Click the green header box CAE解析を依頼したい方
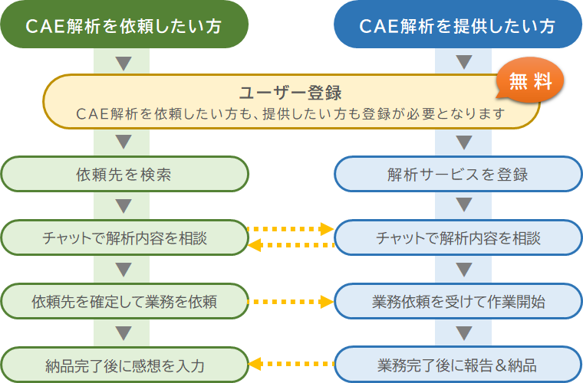click(x=124, y=26)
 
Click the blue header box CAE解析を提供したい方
click(x=458, y=26)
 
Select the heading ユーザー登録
click(x=290, y=93)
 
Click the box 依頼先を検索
click(x=124, y=174)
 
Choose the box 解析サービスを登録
click(x=458, y=174)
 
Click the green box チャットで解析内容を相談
click(x=124, y=237)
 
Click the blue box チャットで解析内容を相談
click(x=458, y=237)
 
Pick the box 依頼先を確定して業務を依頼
click(x=124, y=301)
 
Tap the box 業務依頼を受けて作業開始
click(x=458, y=301)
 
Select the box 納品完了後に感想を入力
click(x=124, y=365)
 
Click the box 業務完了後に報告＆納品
click(x=458, y=365)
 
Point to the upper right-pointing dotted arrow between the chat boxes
click(x=291, y=229)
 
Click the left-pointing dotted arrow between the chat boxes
click(x=291, y=246)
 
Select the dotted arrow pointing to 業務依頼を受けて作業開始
click(x=291, y=301)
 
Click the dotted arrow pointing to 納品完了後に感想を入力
click(x=291, y=365)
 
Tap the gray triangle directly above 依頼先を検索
click(x=124, y=142)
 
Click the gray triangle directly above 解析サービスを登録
click(x=463, y=142)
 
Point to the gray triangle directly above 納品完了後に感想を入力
click(x=124, y=332)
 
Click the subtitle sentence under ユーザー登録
click(x=290, y=114)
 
